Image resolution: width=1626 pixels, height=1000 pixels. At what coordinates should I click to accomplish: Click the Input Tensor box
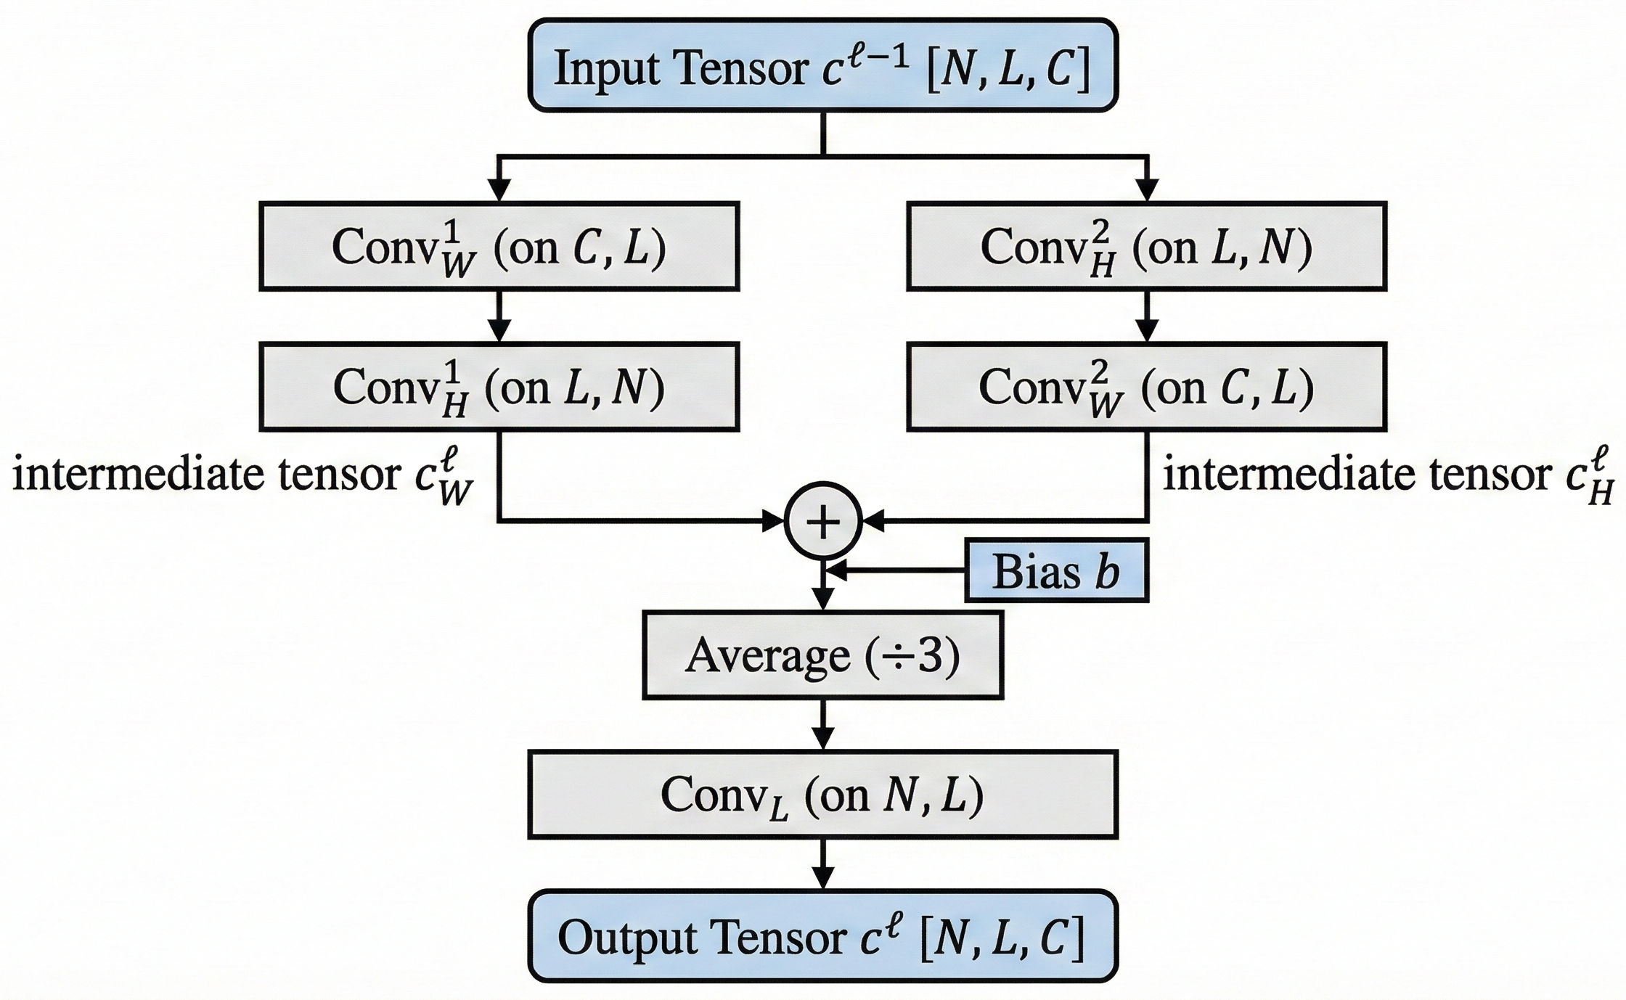click(822, 66)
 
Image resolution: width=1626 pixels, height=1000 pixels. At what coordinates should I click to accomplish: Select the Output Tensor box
click(822, 935)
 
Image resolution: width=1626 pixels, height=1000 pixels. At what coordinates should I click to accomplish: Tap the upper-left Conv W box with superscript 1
click(499, 247)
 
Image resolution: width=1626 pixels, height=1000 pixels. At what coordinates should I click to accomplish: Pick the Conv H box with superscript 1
click(499, 387)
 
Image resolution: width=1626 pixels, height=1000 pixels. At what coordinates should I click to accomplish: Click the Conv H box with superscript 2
click(1146, 247)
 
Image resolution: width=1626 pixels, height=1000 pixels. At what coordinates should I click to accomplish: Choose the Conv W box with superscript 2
click(1146, 387)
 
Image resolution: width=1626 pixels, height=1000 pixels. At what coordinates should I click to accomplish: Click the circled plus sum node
click(822, 521)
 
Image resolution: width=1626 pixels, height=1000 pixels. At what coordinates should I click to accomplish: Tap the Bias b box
click(1056, 570)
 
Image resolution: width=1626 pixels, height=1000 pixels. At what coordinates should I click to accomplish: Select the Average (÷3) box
click(822, 655)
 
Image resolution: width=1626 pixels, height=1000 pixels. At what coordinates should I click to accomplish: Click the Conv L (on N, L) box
click(822, 795)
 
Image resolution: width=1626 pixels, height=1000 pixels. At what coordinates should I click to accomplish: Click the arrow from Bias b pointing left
click(896, 571)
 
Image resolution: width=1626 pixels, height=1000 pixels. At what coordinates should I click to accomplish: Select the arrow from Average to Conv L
click(822, 725)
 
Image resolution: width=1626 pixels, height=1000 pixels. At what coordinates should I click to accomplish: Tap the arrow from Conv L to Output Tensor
click(822, 864)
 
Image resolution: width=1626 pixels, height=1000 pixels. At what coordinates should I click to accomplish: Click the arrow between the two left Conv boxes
click(499, 317)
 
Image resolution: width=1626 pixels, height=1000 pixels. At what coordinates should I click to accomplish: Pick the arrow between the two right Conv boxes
click(1146, 317)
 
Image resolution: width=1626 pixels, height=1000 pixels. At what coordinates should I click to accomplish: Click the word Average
click(767, 656)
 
